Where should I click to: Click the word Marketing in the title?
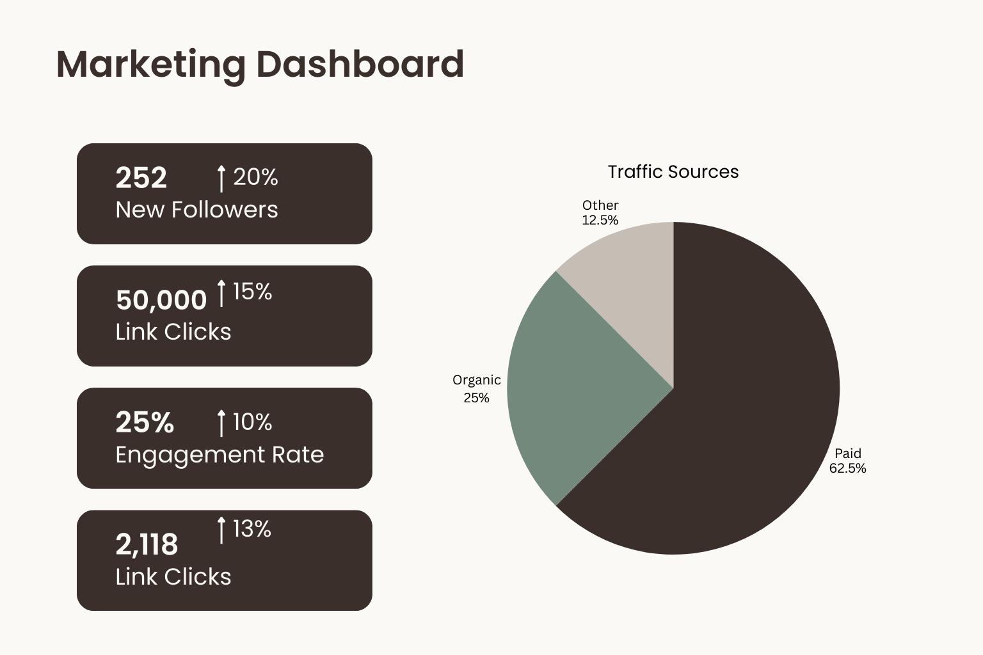pyautogui.click(x=150, y=65)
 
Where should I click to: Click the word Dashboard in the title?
pyautogui.click(x=360, y=65)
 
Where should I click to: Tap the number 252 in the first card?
pyautogui.click(x=141, y=178)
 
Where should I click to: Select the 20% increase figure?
pyautogui.click(x=255, y=177)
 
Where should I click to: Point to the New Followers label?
pyautogui.click(x=196, y=210)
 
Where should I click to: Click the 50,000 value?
pyautogui.click(x=161, y=300)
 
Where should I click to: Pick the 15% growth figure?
pyautogui.click(x=252, y=292)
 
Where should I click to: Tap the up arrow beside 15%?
pyautogui.click(x=221, y=293)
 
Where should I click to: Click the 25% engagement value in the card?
pyautogui.click(x=145, y=422)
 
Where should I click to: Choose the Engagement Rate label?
pyautogui.click(x=220, y=455)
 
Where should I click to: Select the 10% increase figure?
pyautogui.click(x=252, y=422)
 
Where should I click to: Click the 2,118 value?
pyautogui.click(x=147, y=545)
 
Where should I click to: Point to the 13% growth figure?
pyautogui.click(x=252, y=529)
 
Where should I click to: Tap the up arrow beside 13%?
pyautogui.click(x=221, y=530)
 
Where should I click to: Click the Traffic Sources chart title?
pyautogui.click(x=673, y=172)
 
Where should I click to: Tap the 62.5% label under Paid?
pyautogui.click(x=847, y=468)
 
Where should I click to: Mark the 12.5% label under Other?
pyautogui.click(x=600, y=220)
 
